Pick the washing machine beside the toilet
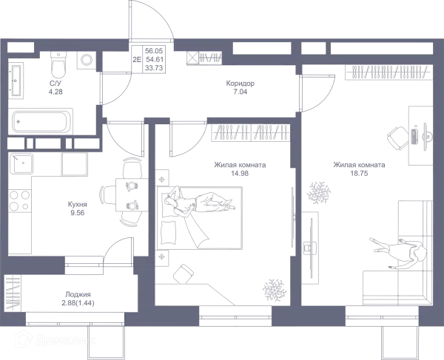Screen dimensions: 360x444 click(x=86, y=61)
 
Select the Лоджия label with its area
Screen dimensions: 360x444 click(x=77, y=298)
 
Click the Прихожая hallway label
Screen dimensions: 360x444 click(x=240, y=88)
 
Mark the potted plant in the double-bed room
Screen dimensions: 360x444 click(x=275, y=285)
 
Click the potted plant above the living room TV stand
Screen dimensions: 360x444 click(x=317, y=190)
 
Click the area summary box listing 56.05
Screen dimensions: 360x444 click(x=388, y=72)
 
